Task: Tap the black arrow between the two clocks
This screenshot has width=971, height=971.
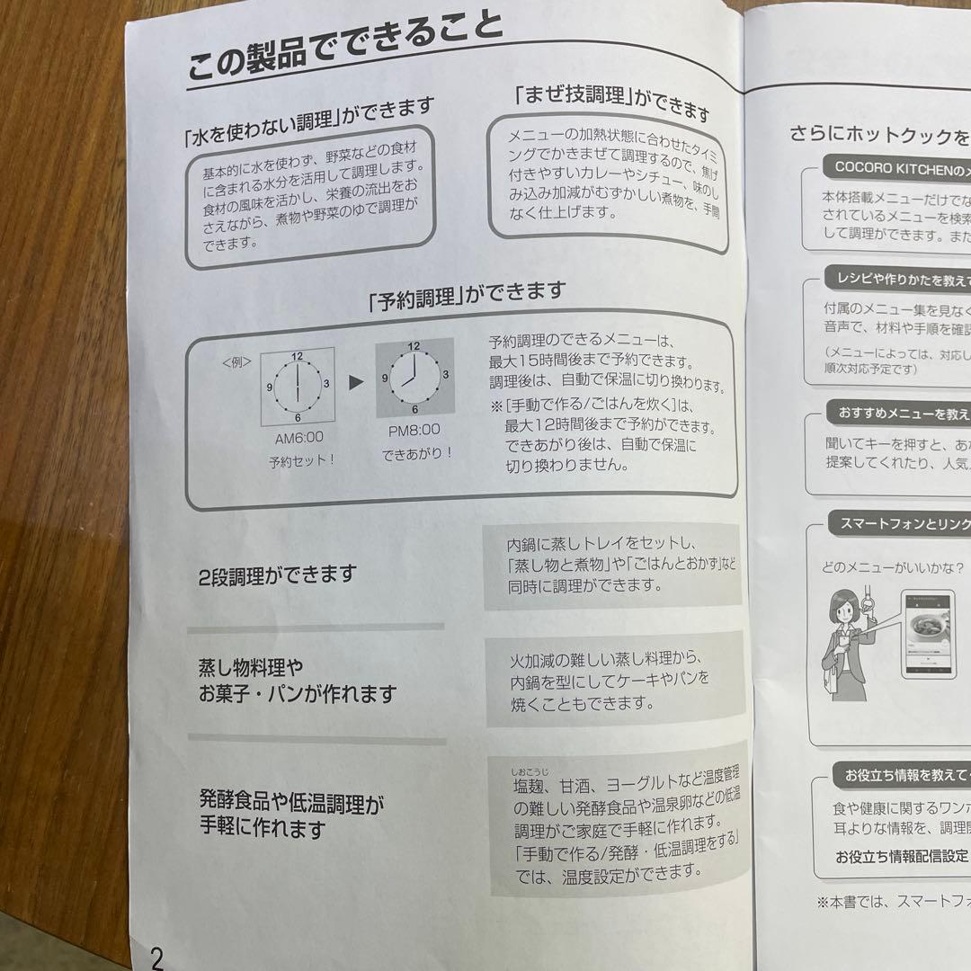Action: point(356,382)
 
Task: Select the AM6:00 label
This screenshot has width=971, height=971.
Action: point(298,438)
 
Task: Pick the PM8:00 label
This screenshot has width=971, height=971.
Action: point(414,430)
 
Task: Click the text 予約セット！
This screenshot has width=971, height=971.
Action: point(301,462)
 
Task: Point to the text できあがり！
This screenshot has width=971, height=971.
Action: point(415,453)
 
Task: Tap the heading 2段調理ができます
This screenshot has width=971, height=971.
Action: point(278,575)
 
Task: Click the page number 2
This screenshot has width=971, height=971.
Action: point(156,954)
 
